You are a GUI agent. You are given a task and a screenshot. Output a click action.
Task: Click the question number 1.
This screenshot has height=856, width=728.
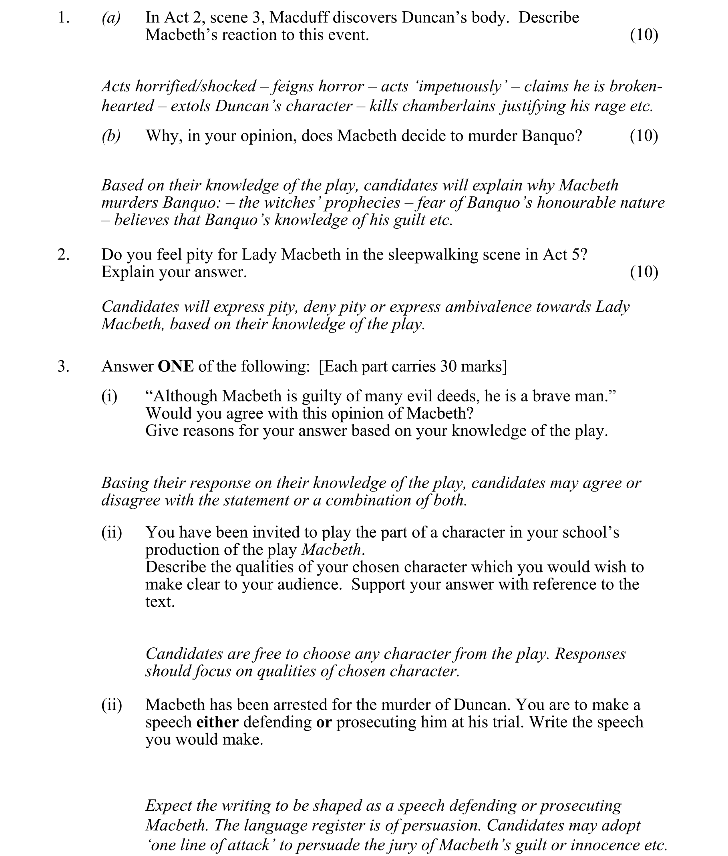click(63, 18)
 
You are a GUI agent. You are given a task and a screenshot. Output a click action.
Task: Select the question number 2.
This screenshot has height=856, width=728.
click(63, 255)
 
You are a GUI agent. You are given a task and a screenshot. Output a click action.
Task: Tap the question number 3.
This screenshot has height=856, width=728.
click(63, 367)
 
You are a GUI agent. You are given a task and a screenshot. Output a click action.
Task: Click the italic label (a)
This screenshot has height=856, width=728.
click(111, 18)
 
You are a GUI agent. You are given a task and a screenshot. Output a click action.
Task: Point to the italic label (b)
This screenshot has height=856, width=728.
click(111, 136)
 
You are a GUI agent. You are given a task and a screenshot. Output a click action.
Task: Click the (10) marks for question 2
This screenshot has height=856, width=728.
click(644, 272)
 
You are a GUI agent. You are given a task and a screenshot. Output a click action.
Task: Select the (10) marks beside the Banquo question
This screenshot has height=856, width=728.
click(644, 136)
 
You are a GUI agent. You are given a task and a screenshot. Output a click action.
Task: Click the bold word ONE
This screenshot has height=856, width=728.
click(176, 367)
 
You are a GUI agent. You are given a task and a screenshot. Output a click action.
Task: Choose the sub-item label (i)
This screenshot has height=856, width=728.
click(109, 396)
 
